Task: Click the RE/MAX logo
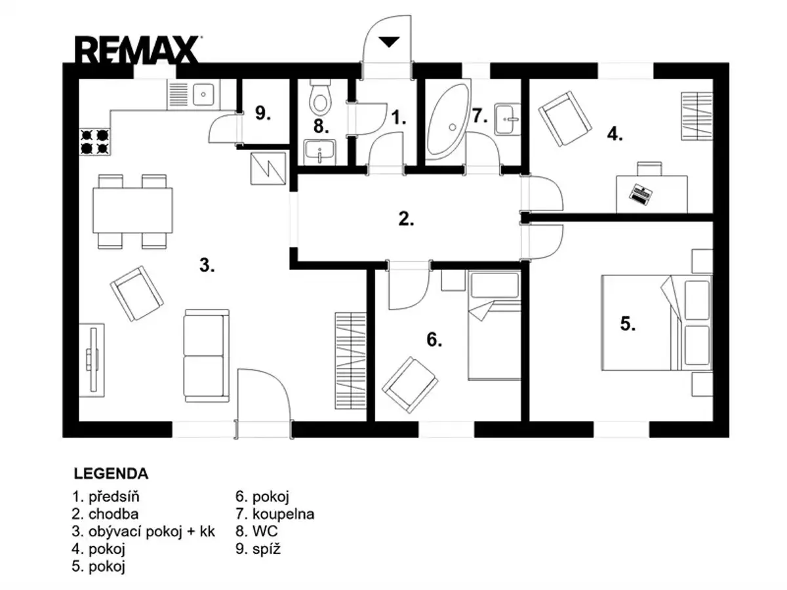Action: (x=136, y=50)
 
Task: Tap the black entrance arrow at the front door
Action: (x=389, y=41)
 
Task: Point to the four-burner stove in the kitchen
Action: (x=95, y=142)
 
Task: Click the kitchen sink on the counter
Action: (x=203, y=94)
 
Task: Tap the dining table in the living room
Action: (x=132, y=210)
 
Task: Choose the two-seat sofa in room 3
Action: (x=207, y=356)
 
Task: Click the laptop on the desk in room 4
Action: (x=640, y=195)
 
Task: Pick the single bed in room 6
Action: (x=494, y=325)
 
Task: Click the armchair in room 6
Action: (x=409, y=385)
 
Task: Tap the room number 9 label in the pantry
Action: (x=263, y=113)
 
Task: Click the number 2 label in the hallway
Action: (x=406, y=218)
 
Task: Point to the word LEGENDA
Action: (x=111, y=473)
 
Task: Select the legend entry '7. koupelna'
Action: (x=275, y=514)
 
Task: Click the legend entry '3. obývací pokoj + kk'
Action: (x=143, y=532)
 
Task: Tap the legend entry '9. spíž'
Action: (x=258, y=549)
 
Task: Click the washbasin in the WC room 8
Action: (x=320, y=152)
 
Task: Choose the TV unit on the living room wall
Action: (x=92, y=360)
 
